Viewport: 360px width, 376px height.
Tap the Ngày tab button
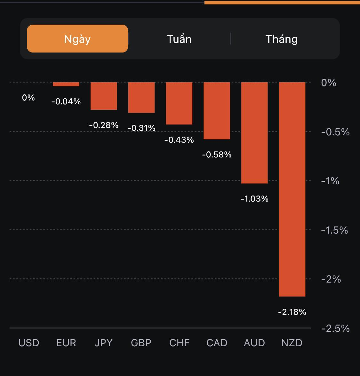click(77, 39)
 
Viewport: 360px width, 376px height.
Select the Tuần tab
click(179, 39)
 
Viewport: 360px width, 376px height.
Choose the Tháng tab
click(282, 39)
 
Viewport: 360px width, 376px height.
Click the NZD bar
click(292, 189)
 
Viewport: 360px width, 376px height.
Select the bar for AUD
click(254, 133)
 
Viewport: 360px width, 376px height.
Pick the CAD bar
click(217, 111)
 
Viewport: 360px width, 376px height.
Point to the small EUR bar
click(66, 84)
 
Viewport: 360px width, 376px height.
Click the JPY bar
click(104, 96)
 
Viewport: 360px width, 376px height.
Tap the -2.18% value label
click(292, 312)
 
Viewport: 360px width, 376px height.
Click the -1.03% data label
click(254, 199)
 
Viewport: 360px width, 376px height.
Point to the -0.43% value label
click(179, 140)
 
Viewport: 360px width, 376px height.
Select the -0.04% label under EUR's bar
click(66, 101)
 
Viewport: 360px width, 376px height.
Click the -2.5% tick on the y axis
click(335, 328)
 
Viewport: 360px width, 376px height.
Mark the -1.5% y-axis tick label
click(334, 230)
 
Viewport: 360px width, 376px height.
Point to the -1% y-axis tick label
click(330, 181)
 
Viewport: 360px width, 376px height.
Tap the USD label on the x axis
click(29, 343)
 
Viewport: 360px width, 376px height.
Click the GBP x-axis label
click(141, 343)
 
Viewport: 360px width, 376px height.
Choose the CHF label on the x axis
click(179, 343)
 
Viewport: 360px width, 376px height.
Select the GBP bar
click(141, 97)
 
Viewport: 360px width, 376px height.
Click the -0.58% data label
click(217, 155)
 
